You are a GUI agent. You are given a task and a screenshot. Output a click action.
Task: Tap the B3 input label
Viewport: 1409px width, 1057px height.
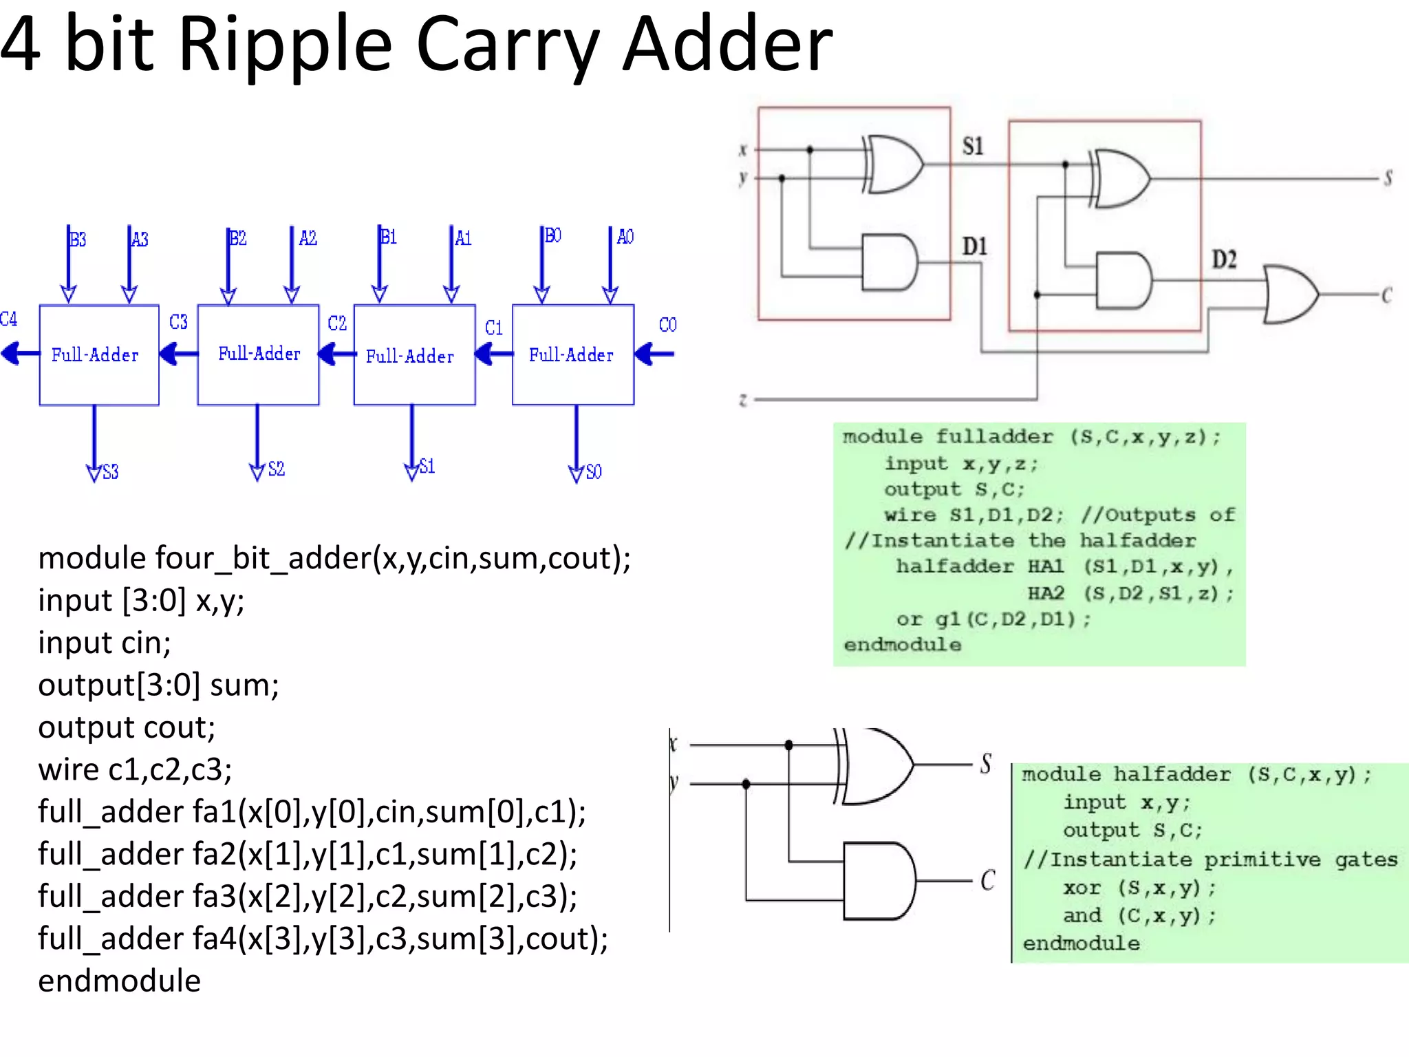tap(78, 239)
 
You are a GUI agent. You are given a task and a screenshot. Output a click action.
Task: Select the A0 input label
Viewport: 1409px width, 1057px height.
tap(625, 237)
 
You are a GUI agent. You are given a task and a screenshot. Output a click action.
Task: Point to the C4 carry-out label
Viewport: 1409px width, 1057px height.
tap(8, 319)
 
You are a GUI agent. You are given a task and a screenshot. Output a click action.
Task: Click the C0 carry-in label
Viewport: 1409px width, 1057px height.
tap(667, 325)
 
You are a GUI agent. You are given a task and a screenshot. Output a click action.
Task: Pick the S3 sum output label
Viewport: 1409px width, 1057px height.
tap(110, 472)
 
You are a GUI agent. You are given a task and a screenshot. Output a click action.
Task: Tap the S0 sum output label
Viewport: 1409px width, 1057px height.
tap(594, 472)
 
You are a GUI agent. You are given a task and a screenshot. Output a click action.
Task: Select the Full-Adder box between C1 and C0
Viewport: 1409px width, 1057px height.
tap(572, 355)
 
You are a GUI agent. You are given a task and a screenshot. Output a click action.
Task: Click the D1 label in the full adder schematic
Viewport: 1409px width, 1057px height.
tap(974, 246)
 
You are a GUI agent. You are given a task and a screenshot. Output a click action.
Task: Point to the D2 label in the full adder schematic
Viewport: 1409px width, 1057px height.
tap(1224, 259)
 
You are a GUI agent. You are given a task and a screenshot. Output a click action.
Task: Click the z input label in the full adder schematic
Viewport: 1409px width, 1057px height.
tap(743, 400)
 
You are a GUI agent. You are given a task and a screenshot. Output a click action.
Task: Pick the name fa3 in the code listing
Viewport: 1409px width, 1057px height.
tap(214, 897)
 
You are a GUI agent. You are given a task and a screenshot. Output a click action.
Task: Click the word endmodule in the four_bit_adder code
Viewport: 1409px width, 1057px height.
tap(119, 981)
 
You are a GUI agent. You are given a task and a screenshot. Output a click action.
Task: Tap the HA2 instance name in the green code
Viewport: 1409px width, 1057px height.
tap(1046, 593)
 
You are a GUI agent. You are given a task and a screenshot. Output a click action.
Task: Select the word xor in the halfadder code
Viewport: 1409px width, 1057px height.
tap(1082, 888)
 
